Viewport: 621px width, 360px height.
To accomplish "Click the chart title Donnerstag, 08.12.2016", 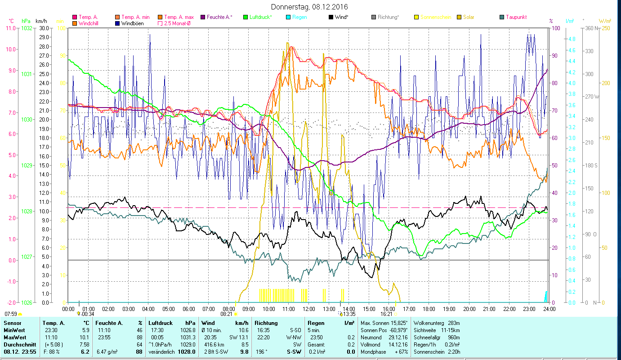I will [310, 7].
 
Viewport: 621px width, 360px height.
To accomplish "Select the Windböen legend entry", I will [132, 23].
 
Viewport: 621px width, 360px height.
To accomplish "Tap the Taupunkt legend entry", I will [516, 17].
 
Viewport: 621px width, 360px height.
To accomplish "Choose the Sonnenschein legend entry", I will [435, 17].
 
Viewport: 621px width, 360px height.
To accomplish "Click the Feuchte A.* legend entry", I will [219, 17].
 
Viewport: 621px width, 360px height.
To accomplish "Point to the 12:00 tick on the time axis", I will [308, 309].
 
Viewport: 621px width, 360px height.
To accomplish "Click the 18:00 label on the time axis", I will [429, 309].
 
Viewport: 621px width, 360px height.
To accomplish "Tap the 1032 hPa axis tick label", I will [27, 28].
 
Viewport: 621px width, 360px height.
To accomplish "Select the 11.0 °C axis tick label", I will [10, 28].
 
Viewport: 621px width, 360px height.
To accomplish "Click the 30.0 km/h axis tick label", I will [44, 28].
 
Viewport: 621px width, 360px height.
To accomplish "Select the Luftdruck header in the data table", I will [161, 323].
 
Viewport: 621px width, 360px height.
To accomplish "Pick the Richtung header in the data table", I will [266, 323].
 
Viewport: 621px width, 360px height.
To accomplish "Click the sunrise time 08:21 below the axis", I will [226, 314].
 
